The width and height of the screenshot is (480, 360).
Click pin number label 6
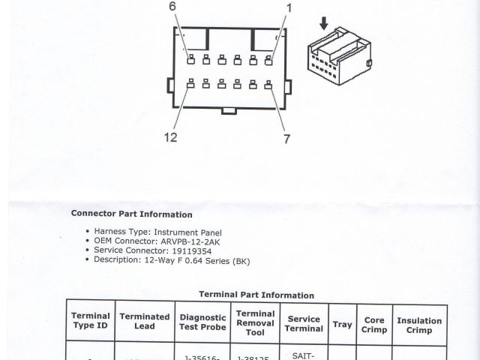(172, 7)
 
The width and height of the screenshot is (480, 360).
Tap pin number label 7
(287, 139)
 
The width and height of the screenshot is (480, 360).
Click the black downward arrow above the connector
(324, 24)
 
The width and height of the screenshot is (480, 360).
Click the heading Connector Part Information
(131, 214)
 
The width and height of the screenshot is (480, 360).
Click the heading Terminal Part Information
(256, 295)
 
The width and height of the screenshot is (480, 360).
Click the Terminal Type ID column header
(91, 321)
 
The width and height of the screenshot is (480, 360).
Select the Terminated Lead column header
(145, 321)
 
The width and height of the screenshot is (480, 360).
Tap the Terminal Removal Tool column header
(255, 322)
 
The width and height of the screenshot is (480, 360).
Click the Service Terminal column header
(304, 323)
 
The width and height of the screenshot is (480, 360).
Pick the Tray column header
(342, 325)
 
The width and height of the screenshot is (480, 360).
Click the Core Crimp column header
(374, 325)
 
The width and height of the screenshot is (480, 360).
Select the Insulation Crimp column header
(419, 325)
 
